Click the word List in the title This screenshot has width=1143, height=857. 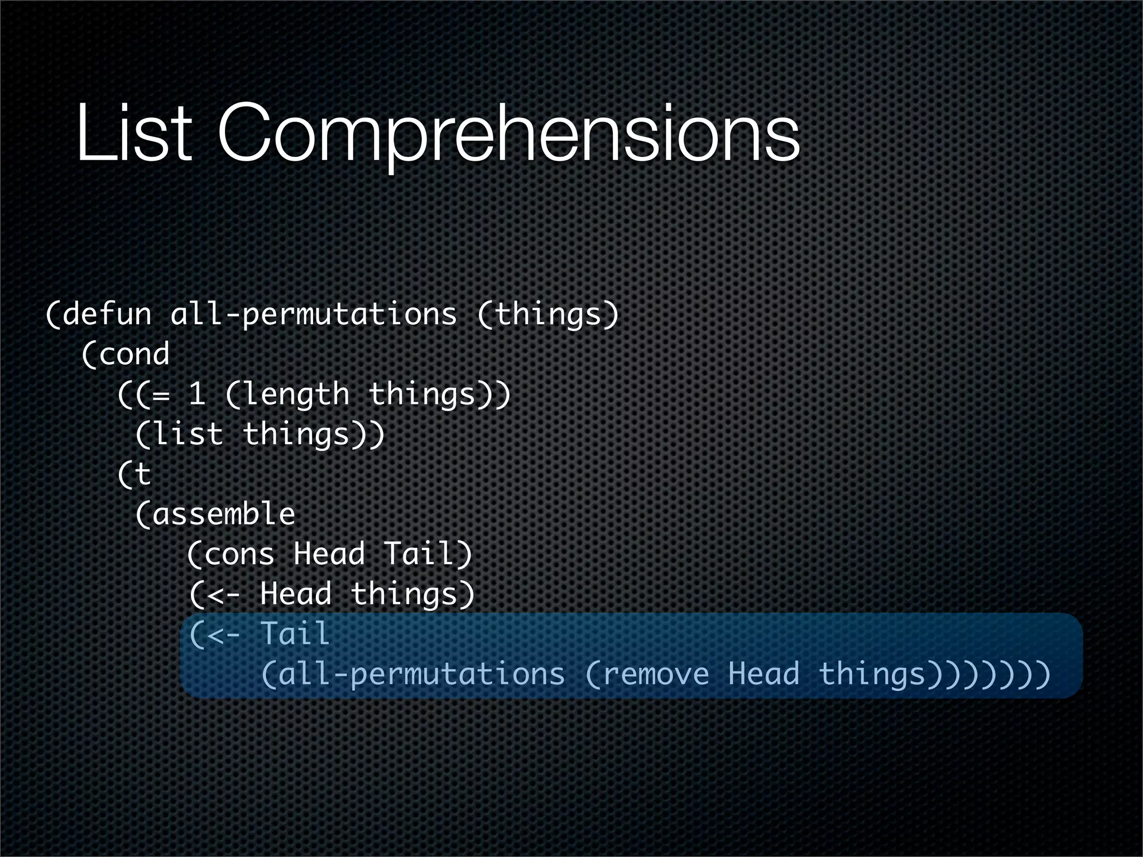pos(135,134)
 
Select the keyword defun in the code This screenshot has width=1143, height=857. pos(107,314)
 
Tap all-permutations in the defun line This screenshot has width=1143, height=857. pos(313,314)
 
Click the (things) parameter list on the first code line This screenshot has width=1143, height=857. pos(549,314)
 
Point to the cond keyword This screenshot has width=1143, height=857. pos(133,354)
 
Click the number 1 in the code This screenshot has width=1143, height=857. pos(196,394)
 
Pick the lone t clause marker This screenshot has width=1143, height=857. pos(143,475)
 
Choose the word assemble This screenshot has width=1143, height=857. pos(223,514)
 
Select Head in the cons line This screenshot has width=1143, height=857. pos(329,554)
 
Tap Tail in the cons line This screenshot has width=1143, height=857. pos(419,554)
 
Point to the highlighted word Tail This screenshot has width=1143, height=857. pos(295,634)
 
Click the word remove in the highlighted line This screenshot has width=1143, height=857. pos(656,675)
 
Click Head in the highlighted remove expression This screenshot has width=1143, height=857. pos(763,673)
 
